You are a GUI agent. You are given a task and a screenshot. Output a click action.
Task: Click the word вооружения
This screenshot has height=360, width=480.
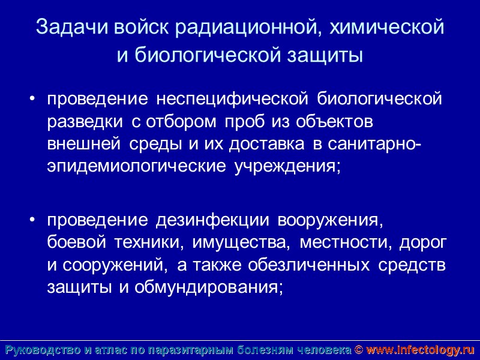[330, 221]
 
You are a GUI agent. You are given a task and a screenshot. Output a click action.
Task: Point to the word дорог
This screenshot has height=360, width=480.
[427, 243]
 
